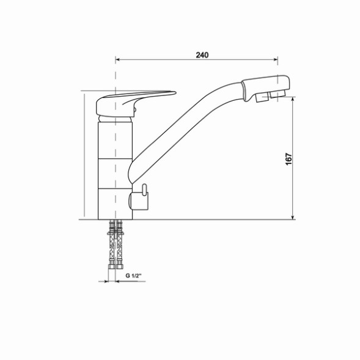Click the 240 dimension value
click(x=202, y=55)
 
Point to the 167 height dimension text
click(x=288, y=158)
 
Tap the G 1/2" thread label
click(x=133, y=276)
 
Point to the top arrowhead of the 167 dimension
click(x=294, y=100)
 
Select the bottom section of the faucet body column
click(x=114, y=203)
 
